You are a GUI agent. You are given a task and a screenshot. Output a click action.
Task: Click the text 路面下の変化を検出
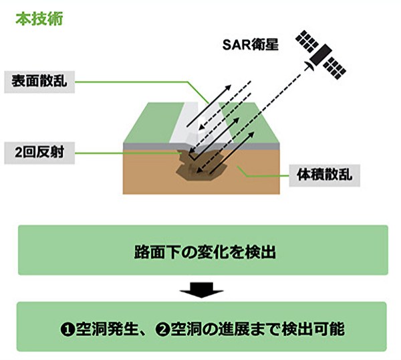point(201,254)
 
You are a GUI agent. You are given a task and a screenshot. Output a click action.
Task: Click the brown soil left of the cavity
point(147,177)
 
